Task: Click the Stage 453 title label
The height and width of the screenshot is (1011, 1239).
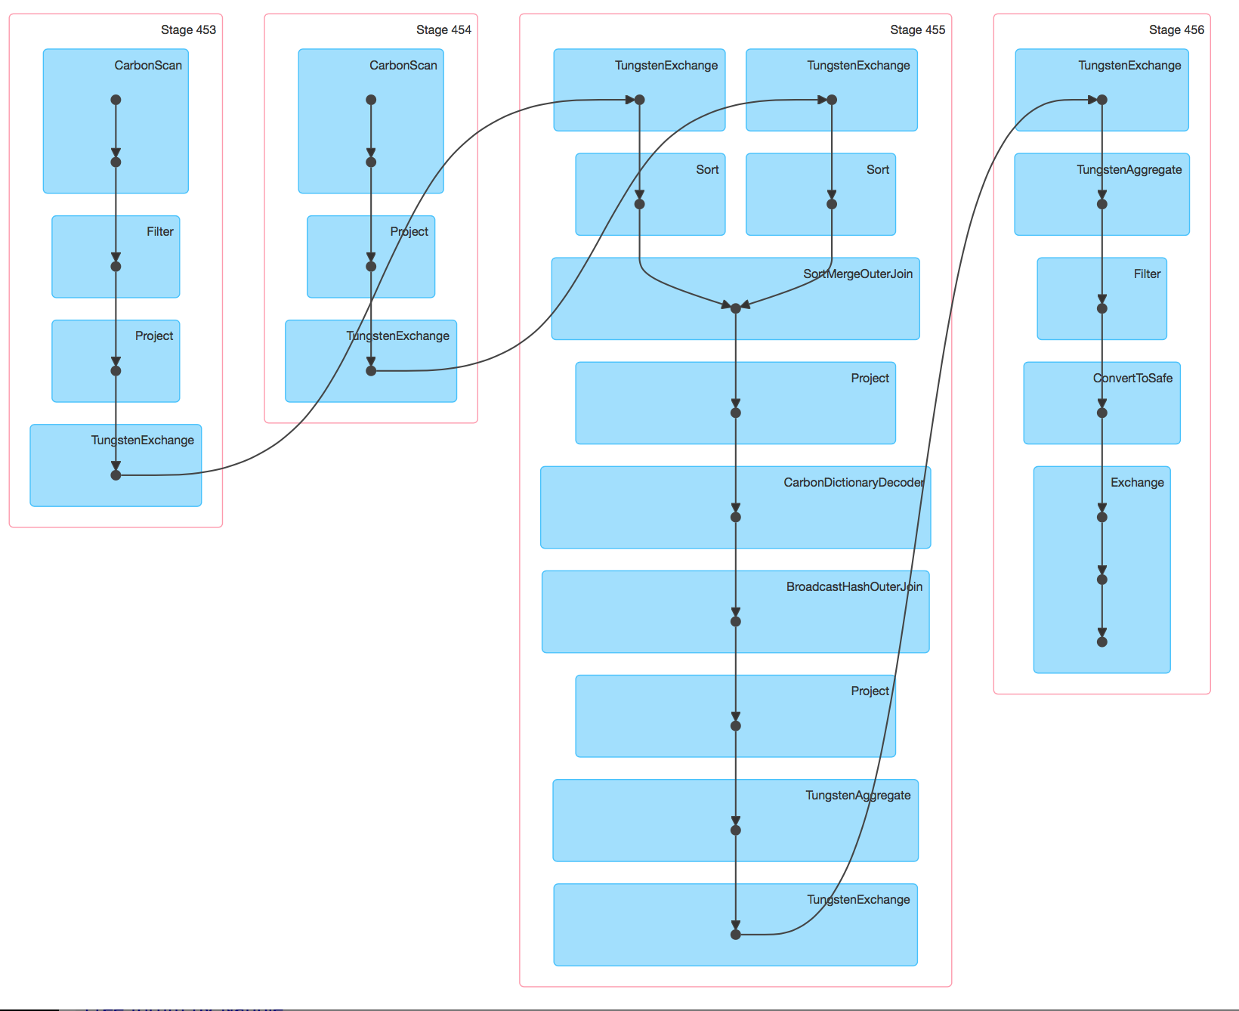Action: (188, 30)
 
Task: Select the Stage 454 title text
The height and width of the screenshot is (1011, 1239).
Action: (443, 30)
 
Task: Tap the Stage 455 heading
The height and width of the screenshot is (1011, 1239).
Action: (917, 30)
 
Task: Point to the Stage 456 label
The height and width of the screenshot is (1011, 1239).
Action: (1176, 30)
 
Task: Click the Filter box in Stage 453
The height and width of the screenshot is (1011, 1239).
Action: (116, 256)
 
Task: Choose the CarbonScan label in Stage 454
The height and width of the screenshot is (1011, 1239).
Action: (403, 66)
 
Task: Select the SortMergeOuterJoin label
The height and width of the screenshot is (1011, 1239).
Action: (857, 274)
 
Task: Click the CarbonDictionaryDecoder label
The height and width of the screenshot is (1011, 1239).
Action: (854, 483)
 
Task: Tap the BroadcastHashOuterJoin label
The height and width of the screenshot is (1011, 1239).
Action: (854, 587)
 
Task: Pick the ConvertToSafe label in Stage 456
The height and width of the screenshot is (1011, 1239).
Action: (1132, 379)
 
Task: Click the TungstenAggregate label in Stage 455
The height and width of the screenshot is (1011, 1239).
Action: (857, 796)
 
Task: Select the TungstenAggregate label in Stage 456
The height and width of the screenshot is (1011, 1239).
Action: (1129, 170)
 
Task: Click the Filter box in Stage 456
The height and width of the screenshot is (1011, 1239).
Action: (1102, 298)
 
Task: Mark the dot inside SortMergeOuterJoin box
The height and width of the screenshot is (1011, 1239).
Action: (735, 308)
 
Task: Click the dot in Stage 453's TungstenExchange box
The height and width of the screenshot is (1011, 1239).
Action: (116, 475)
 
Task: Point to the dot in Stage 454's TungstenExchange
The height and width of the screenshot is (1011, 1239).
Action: (371, 371)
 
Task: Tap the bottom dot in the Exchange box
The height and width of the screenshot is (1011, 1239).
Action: (1102, 642)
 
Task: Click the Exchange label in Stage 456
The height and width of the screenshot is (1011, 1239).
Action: (1137, 483)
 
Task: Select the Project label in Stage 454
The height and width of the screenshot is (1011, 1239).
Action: (409, 232)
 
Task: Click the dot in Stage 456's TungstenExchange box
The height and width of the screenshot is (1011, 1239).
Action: (1102, 100)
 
